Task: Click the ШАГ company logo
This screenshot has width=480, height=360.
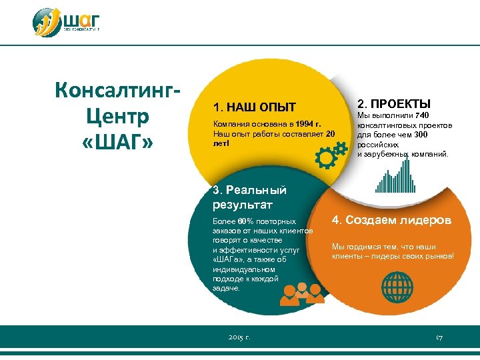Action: pos(67,22)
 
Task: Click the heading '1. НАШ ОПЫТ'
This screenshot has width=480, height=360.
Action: pos(253,107)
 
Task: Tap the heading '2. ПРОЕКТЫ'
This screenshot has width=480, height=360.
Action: pos(394,104)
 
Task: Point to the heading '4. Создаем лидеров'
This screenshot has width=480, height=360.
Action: pos(392,220)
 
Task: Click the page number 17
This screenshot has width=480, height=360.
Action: pos(439,338)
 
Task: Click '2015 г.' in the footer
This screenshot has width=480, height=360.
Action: pos(239,338)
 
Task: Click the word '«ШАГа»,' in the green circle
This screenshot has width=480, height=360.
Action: pos(229,260)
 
